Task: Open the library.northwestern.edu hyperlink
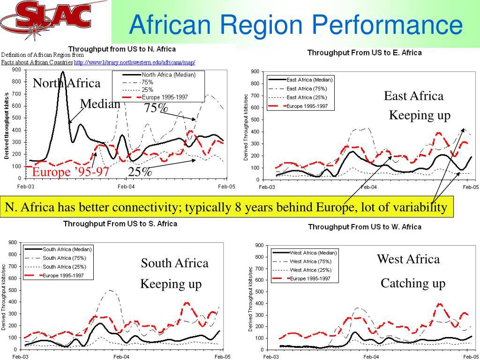(135, 62)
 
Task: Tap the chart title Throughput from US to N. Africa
(122, 49)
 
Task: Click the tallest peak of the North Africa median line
(63, 72)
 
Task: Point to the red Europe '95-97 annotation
(70, 172)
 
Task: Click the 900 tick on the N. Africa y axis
(16, 70)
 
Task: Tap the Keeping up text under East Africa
(420, 115)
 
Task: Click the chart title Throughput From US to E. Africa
(364, 52)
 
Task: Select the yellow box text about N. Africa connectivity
(226, 208)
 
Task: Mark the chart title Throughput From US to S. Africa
(120, 224)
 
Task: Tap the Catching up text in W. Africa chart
(412, 283)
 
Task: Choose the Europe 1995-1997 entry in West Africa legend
(310, 278)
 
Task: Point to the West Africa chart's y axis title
(251, 299)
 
